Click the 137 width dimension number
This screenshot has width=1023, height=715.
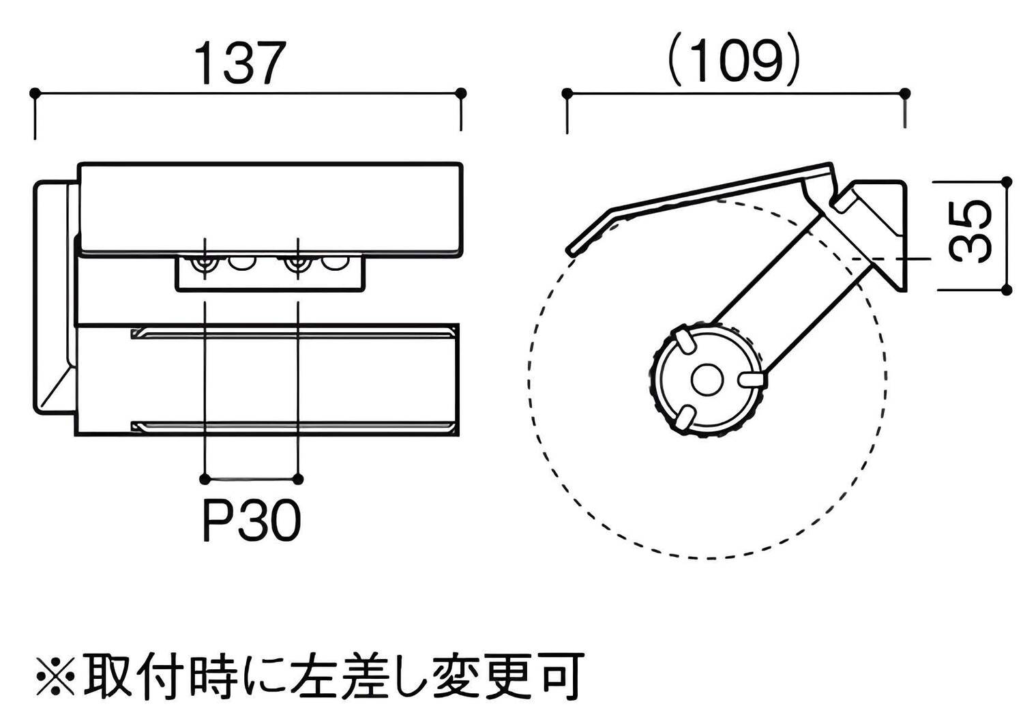coord(239,63)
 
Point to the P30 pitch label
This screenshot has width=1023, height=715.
coord(252,523)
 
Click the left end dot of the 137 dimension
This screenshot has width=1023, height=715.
coord(35,91)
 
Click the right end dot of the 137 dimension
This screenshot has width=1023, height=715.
coord(461,91)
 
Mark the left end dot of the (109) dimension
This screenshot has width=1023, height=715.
coord(566,92)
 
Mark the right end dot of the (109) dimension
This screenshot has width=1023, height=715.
coord(905,92)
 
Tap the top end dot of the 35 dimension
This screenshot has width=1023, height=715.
coord(1007,181)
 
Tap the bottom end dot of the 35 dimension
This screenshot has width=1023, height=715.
coord(1007,290)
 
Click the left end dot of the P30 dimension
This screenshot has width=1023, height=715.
coord(205,478)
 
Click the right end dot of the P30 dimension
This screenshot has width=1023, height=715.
coord(298,478)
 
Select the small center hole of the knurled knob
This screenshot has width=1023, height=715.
coord(705,381)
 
